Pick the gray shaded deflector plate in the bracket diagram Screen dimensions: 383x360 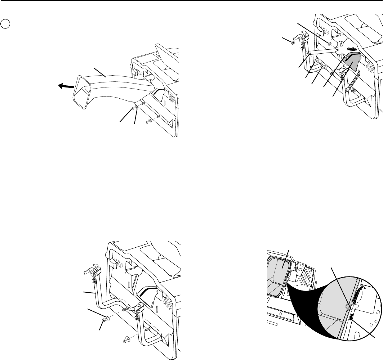click(x=352, y=60)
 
